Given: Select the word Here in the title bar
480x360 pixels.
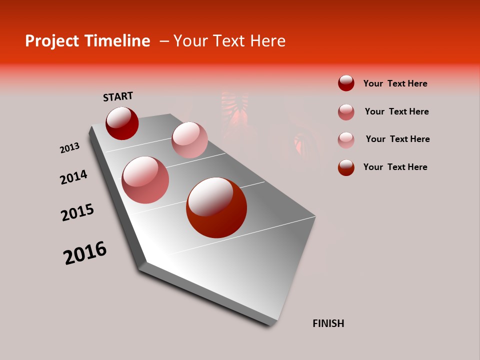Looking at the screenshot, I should pyautogui.click(x=267, y=41).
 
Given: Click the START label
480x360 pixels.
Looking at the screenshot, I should pyautogui.click(x=118, y=96).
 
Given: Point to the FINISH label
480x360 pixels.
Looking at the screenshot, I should pyautogui.click(x=328, y=323).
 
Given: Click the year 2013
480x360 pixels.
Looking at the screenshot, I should pyautogui.click(x=70, y=148).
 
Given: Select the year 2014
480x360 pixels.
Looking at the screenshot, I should pyautogui.click(x=73, y=177).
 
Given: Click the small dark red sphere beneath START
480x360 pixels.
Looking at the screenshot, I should pyautogui.click(x=122, y=123).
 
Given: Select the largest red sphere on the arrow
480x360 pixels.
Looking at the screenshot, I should pyautogui.click(x=216, y=207).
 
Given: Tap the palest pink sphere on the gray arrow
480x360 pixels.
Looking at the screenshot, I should pyautogui.click(x=189, y=140).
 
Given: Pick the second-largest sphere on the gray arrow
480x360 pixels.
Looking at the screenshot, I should pyautogui.click(x=145, y=180).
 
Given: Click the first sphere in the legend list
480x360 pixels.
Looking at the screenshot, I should pyautogui.click(x=346, y=83).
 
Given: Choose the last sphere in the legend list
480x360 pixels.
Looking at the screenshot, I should pyautogui.click(x=346, y=167).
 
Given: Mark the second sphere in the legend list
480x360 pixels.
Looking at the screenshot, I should pyautogui.click(x=346, y=112).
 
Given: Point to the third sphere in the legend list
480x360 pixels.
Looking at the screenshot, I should pyautogui.click(x=346, y=140).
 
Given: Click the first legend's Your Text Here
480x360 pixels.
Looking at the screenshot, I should pyautogui.click(x=395, y=83).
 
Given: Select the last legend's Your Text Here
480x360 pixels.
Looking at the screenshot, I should pyautogui.click(x=395, y=167).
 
